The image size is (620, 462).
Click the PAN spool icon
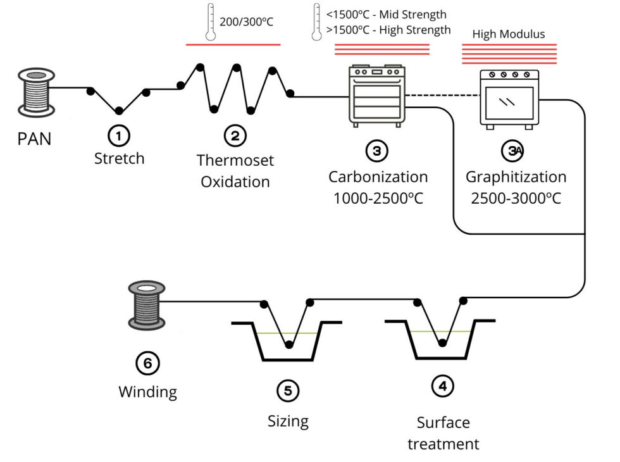(x=35, y=92)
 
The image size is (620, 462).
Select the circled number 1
(x=119, y=134)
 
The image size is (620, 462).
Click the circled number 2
(x=235, y=134)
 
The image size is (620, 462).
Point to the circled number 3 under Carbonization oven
(x=377, y=150)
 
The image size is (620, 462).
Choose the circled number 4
(x=442, y=385)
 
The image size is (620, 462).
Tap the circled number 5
(x=288, y=391)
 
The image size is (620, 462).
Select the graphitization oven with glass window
(x=509, y=98)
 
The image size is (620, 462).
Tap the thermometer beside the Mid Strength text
(x=316, y=22)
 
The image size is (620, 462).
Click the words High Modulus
(x=509, y=34)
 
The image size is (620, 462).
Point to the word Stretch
(x=119, y=158)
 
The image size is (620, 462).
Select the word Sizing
(x=288, y=421)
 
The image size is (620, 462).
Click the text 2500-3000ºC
(x=516, y=198)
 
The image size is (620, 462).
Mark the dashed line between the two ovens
(x=442, y=96)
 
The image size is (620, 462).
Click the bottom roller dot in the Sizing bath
(x=289, y=344)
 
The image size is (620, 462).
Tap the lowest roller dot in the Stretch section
(x=118, y=111)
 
